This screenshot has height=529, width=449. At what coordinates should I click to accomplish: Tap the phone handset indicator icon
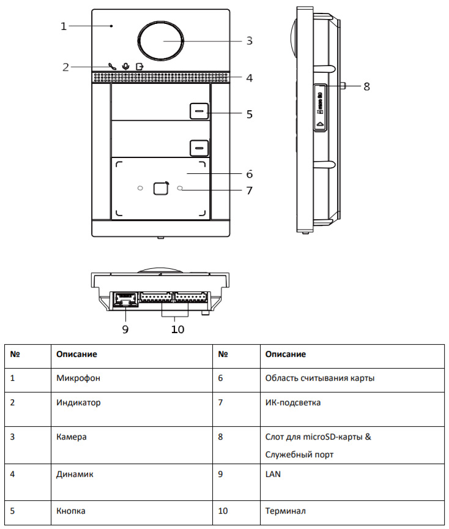coord(112,66)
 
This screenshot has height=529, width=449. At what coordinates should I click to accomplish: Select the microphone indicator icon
coord(126,66)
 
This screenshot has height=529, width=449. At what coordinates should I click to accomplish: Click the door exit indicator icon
coord(141,66)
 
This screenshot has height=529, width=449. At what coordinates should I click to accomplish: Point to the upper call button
coord(198,111)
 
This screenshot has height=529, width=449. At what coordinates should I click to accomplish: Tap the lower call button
coord(198,148)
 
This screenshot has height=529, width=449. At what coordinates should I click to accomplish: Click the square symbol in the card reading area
coord(160,188)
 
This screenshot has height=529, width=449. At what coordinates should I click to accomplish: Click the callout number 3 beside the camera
coord(249,41)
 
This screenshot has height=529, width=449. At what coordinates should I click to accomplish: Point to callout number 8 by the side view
coord(366,86)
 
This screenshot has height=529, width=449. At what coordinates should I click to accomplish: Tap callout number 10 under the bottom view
coord(177,329)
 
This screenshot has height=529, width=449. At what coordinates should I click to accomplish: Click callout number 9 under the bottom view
coord(125,329)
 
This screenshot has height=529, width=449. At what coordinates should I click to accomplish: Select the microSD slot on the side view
coord(320,107)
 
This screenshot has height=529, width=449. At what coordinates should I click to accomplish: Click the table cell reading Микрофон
coord(78,378)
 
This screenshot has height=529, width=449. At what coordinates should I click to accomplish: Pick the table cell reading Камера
coord(72,437)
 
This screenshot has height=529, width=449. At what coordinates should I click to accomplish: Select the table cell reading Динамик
coord(75,474)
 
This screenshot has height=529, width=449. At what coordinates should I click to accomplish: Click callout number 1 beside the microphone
coord(63,26)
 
